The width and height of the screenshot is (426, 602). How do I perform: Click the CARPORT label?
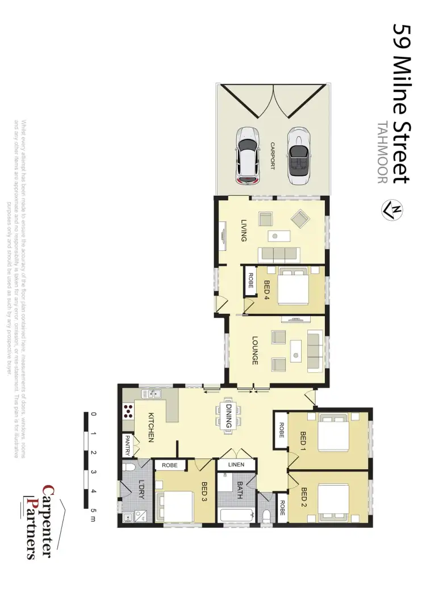pos(273,155)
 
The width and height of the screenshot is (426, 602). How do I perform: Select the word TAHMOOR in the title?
pos(382,153)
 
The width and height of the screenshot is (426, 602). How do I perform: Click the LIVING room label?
pos(244,230)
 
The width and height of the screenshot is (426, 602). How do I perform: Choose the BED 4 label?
pos(266,289)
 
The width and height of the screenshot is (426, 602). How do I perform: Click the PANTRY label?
pos(127,445)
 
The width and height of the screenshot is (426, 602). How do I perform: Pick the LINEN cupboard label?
pos(236,465)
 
